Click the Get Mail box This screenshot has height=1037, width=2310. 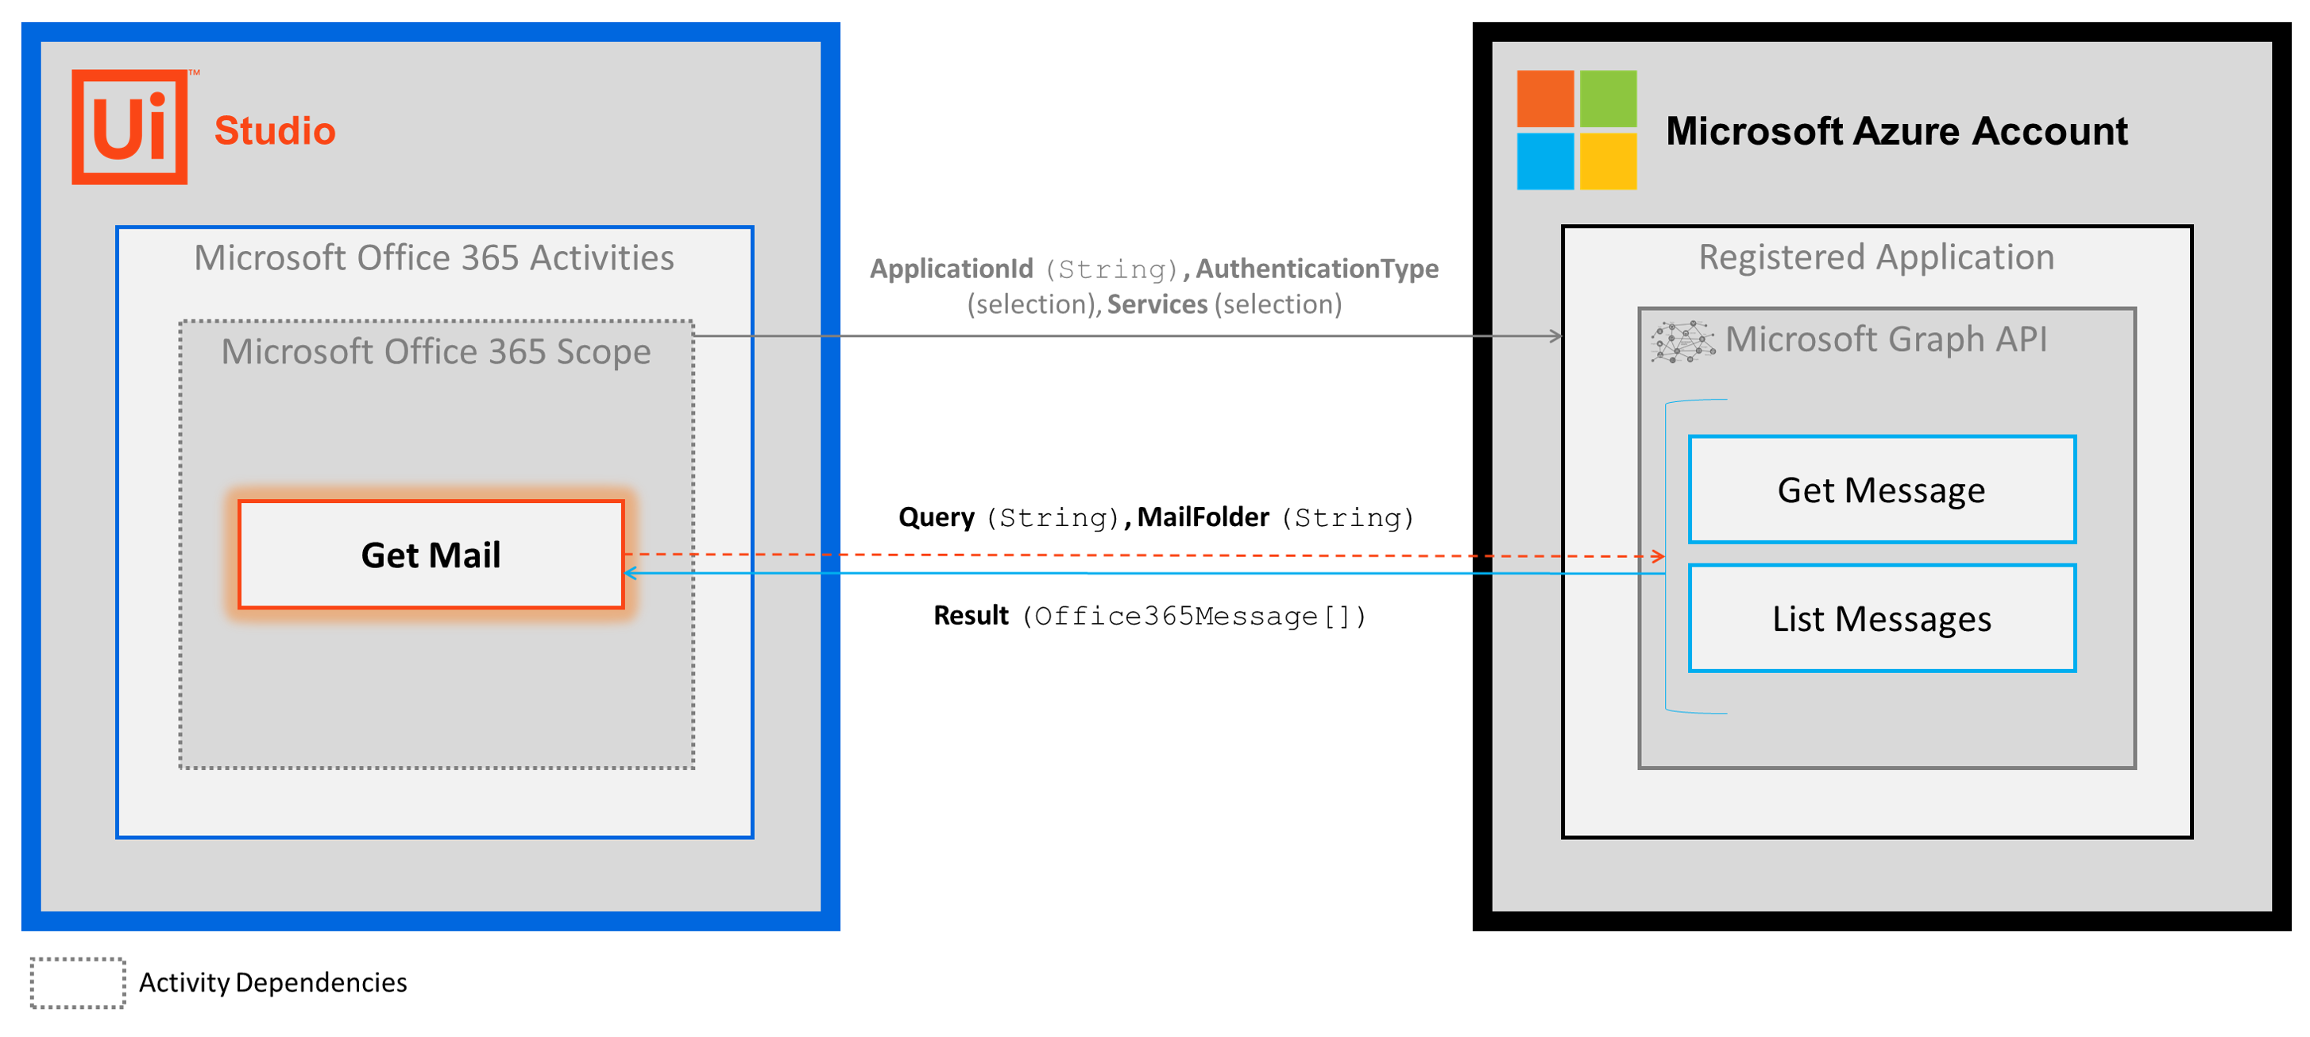(x=431, y=555)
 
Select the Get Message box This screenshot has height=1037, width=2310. (x=1881, y=489)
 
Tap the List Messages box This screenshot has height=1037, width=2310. (x=1881, y=618)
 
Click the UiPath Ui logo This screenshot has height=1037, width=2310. (x=131, y=127)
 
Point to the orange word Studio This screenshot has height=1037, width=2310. (x=274, y=131)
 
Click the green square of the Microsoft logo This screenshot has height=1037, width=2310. (x=1607, y=99)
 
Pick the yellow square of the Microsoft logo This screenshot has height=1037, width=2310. (x=1607, y=161)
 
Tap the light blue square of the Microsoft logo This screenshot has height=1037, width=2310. (x=1544, y=161)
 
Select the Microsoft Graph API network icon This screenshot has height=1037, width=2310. (x=1682, y=342)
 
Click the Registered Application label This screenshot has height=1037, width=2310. (x=1876, y=257)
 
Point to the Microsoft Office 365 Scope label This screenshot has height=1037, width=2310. (x=436, y=352)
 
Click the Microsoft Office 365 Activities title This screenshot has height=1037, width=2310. (x=434, y=258)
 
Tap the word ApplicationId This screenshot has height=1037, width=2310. (x=951, y=269)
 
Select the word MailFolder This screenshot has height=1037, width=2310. (x=1203, y=517)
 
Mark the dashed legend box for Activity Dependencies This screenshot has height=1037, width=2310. (x=78, y=982)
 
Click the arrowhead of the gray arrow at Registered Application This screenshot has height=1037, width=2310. (x=1557, y=336)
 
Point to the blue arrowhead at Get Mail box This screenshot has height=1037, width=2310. (x=631, y=572)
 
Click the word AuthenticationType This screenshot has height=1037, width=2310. (x=1316, y=269)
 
